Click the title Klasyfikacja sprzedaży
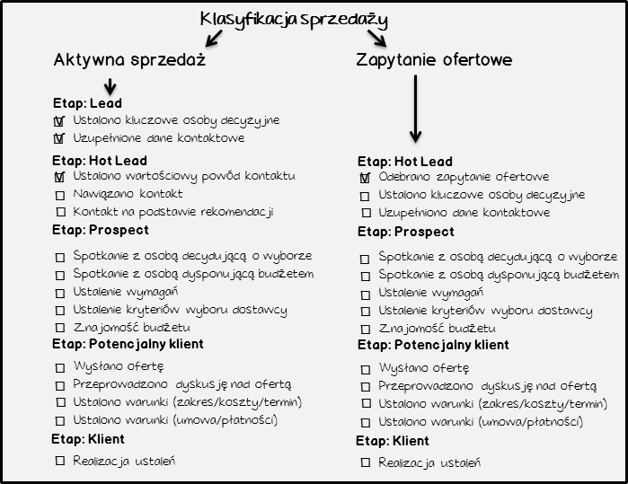point(294,20)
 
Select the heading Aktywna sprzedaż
point(129,59)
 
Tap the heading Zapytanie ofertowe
point(434,60)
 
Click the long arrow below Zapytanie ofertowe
point(415,109)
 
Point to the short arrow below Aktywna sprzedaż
point(110,86)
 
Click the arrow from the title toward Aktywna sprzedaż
point(214,39)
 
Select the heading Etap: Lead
point(87,103)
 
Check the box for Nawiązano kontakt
point(60,196)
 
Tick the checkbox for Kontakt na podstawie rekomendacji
point(60,211)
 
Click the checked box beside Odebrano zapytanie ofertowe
point(365,178)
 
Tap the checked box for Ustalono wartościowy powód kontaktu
point(59,177)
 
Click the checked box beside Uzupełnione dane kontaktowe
point(59,138)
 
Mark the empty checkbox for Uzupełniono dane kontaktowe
point(366,213)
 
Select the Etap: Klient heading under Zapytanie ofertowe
point(393,441)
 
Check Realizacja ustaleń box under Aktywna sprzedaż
point(60,461)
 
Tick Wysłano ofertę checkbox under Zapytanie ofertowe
point(366,369)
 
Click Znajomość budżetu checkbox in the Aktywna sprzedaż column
point(60,328)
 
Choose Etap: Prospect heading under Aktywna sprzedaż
point(101,230)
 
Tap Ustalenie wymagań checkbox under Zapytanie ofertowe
point(366,295)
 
